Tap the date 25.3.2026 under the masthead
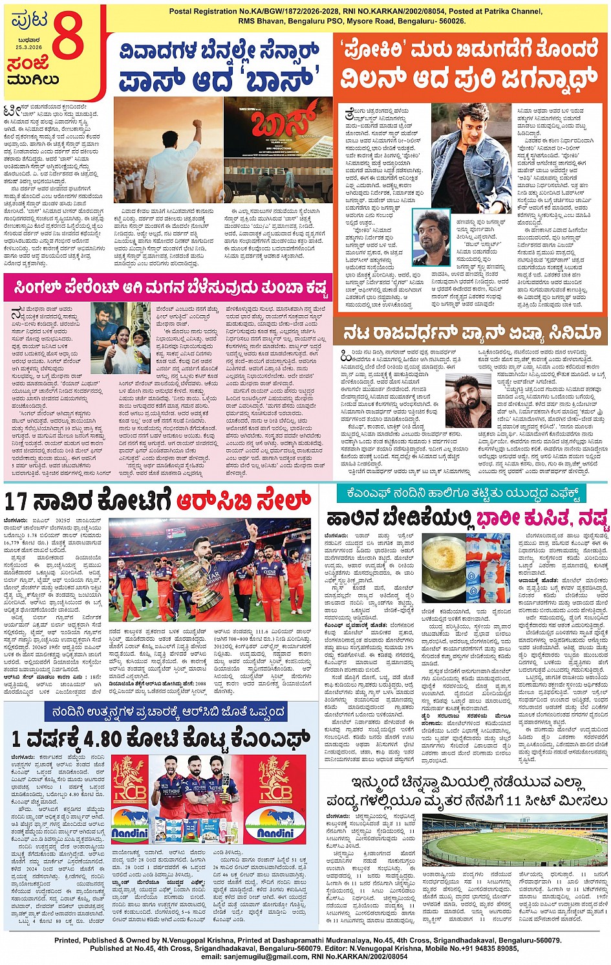pyautogui.click(x=25, y=47)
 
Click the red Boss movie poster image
pyautogui.click(x=278, y=150)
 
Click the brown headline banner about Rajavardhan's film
pyautogui.click(x=472, y=333)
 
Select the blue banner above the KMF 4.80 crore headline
pyautogui.click(x=168, y=712)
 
